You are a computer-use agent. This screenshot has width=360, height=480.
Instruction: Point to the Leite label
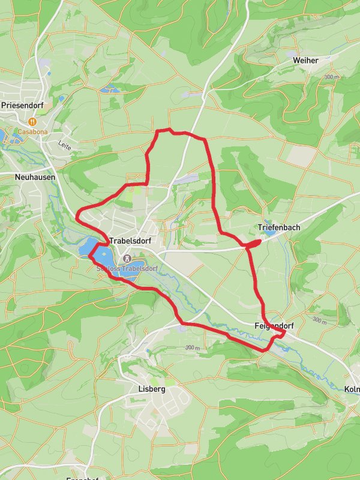click(x=64, y=144)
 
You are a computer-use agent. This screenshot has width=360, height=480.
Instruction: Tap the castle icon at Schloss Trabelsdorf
click(x=127, y=259)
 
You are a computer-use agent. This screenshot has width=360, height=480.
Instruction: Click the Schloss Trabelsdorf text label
click(x=127, y=268)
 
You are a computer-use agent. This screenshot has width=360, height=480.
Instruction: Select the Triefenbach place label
click(x=278, y=228)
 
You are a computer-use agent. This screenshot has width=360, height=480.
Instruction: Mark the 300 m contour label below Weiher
click(x=331, y=77)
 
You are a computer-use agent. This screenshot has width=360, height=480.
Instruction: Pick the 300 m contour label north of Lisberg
click(x=192, y=348)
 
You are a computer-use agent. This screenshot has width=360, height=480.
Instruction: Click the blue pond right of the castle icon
click(x=136, y=266)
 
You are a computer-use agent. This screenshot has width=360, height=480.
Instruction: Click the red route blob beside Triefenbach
click(x=254, y=243)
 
